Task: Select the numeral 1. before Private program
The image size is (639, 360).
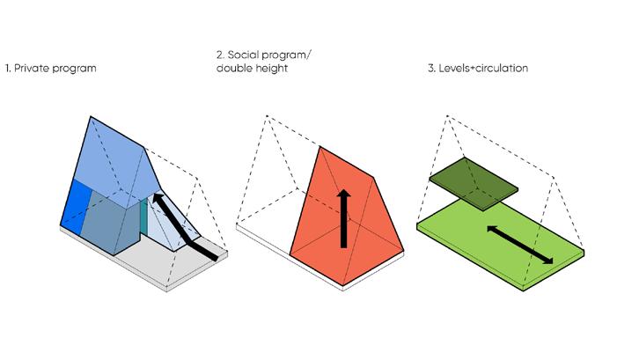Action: pyautogui.click(x=9, y=68)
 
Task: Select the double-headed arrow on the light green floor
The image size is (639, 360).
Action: pyautogui.click(x=519, y=244)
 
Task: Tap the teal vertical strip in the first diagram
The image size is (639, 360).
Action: pyautogui.click(x=144, y=217)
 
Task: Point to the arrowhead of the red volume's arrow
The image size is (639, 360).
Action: pyautogui.click(x=345, y=194)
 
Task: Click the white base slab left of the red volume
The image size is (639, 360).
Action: pyautogui.click(x=264, y=238)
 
